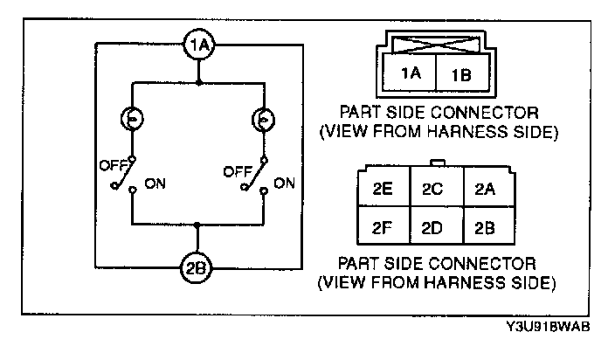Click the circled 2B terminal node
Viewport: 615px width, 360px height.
pos(198,267)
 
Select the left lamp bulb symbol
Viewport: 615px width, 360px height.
pos(132,120)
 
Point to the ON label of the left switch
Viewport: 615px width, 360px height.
pos(155,184)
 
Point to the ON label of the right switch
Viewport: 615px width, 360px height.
pos(283,183)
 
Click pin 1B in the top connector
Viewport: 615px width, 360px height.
pos(460,76)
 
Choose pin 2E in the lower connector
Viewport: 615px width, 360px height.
pos(381,189)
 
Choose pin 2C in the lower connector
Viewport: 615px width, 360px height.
pos(434,189)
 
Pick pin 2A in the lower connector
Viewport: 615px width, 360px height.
pos(487,189)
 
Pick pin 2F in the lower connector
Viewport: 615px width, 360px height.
pos(381,229)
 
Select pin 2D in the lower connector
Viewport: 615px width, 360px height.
pos(434,229)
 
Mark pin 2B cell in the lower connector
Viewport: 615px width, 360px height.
pos(487,229)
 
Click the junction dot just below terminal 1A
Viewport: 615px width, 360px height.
pos(199,84)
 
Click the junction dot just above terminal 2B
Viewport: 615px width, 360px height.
pos(199,225)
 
